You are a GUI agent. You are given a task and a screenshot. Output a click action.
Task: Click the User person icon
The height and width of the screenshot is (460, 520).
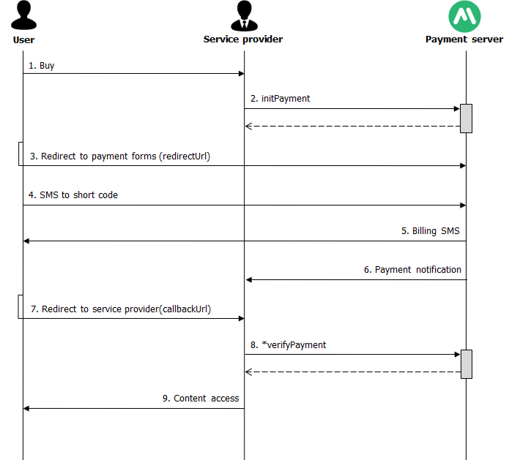click(23, 15)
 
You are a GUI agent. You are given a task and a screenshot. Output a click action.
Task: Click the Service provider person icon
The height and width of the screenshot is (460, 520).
click(245, 15)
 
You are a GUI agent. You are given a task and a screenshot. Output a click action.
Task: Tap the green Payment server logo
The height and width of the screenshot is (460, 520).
click(464, 17)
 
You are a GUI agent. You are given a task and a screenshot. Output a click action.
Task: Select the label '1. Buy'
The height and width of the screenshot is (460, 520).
click(42, 66)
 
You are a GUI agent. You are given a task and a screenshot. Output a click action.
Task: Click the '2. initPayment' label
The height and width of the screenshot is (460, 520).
click(281, 99)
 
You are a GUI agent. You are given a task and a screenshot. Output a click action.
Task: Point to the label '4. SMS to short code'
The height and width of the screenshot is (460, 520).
click(73, 195)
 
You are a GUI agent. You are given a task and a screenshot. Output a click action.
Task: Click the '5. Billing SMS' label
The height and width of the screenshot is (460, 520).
click(431, 231)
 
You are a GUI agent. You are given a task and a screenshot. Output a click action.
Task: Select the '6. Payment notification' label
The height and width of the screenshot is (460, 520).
click(412, 270)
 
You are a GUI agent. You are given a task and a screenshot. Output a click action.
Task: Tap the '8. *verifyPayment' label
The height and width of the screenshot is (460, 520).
click(288, 345)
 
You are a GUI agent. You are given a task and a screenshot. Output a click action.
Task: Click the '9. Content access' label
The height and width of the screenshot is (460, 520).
click(201, 398)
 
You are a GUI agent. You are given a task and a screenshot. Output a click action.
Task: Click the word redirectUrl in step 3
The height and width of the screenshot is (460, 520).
click(185, 156)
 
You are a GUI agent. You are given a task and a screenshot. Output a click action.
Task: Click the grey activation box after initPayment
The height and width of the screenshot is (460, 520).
click(466, 118)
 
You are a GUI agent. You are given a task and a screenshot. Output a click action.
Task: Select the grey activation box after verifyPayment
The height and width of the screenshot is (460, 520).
click(467, 364)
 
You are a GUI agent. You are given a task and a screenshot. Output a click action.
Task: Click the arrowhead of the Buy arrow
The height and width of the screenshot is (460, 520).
click(242, 74)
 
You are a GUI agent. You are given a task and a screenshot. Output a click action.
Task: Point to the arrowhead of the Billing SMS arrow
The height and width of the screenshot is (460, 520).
click(26, 241)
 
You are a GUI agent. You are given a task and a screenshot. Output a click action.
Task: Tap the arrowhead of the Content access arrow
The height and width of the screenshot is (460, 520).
click(26, 409)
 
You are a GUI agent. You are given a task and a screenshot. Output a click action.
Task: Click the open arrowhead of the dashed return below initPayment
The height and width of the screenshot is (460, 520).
click(248, 127)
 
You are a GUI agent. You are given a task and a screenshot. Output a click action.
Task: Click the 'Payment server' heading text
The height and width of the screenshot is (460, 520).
click(464, 39)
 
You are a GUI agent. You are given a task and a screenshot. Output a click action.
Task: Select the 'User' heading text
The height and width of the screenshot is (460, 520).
click(23, 40)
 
